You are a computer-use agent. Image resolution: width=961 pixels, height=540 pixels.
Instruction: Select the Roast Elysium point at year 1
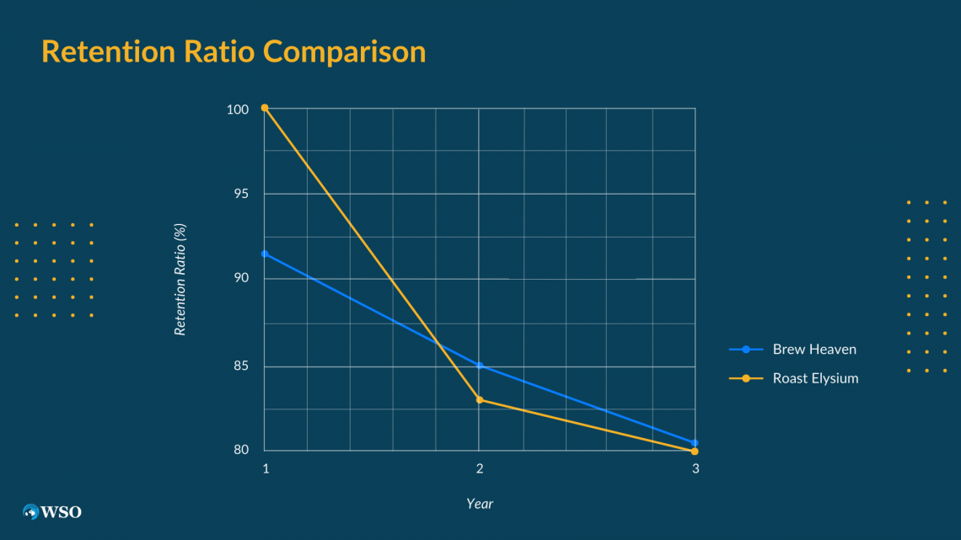pyautogui.click(x=265, y=108)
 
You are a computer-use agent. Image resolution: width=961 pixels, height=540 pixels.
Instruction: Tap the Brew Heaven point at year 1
pyautogui.click(x=265, y=254)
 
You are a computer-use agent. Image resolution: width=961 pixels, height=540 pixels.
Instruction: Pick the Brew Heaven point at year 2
pyautogui.click(x=480, y=366)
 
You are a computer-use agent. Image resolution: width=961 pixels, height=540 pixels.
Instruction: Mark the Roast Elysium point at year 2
pyautogui.click(x=480, y=399)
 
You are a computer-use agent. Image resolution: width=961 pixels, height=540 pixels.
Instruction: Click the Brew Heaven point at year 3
pyautogui.click(x=695, y=442)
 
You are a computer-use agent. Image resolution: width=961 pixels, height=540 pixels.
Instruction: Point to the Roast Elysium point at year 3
pyautogui.click(x=695, y=452)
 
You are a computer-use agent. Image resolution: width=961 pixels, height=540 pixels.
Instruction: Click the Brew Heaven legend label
pyautogui.click(x=814, y=349)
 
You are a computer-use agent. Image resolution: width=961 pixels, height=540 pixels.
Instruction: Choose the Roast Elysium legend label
pyautogui.click(x=815, y=378)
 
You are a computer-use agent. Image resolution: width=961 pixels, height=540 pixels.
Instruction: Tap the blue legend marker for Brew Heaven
pyautogui.click(x=746, y=349)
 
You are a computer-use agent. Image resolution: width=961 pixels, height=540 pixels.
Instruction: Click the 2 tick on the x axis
pyautogui.click(x=480, y=469)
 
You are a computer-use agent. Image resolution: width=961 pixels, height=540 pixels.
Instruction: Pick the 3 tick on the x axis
pyautogui.click(x=695, y=469)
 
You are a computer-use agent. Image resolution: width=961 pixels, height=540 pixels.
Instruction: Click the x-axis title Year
pyautogui.click(x=480, y=504)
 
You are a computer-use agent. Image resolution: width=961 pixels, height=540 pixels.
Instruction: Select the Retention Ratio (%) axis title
pyautogui.click(x=180, y=278)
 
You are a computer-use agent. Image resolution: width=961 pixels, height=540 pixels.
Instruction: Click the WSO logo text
pyautogui.click(x=62, y=511)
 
